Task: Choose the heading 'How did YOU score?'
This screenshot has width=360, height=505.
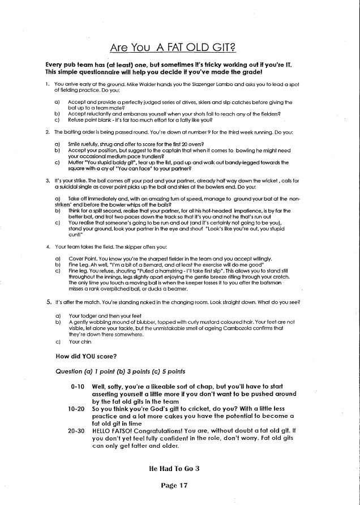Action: click(x=87, y=357)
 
